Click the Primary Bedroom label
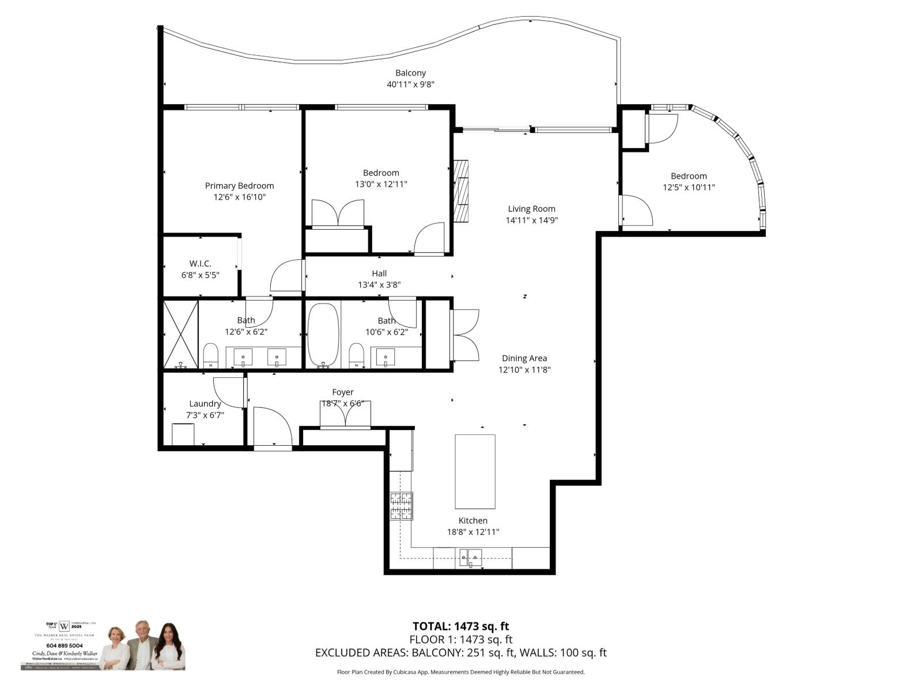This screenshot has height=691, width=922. tap(239, 185)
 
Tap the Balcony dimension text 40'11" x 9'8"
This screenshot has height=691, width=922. tap(410, 85)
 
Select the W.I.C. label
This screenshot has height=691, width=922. tap(200, 264)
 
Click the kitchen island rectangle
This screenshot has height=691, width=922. tap(475, 471)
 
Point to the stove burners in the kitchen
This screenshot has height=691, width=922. tap(402, 506)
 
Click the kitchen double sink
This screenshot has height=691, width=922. tap(470, 557)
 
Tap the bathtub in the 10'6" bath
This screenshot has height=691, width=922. tap(323, 335)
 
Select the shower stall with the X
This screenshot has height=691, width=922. tap(181, 335)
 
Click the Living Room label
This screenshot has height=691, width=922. tap(531, 209)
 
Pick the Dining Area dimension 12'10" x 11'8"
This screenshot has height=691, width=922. tap(524, 370)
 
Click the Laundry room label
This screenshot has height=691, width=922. tap(205, 404)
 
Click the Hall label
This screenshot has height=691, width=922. tap(379, 274)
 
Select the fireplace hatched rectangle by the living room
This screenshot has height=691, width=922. tap(461, 191)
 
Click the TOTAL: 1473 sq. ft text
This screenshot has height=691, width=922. tap(460, 626)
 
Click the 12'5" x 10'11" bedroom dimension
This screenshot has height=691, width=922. tap(689, 187)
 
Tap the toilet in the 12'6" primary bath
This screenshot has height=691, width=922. tap(211, 356)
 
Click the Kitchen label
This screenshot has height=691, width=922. tap(473, 521)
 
